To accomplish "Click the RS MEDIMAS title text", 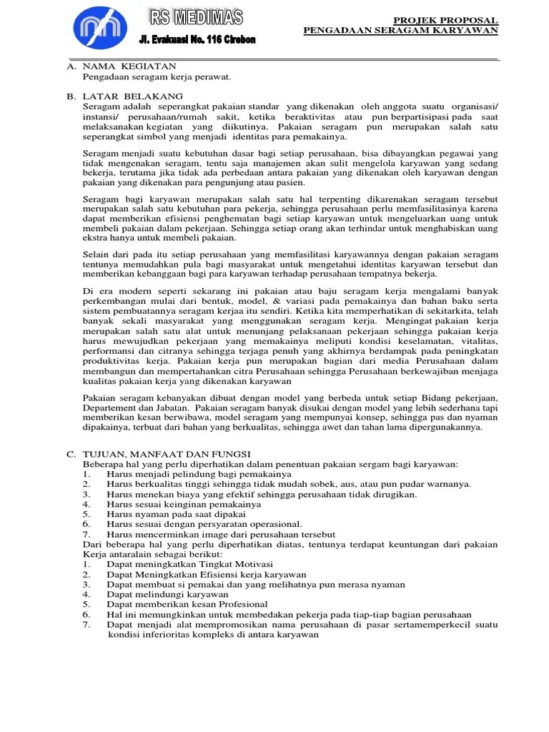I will (x=195, y=16).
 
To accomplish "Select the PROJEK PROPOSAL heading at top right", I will (x=446, y=20).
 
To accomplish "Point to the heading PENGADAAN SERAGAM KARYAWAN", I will (x=400, y=31).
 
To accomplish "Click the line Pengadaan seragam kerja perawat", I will (x=157, y=76).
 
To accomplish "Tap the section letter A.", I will (x=71, y=66).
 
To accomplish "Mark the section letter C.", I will (x=71, y=453).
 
